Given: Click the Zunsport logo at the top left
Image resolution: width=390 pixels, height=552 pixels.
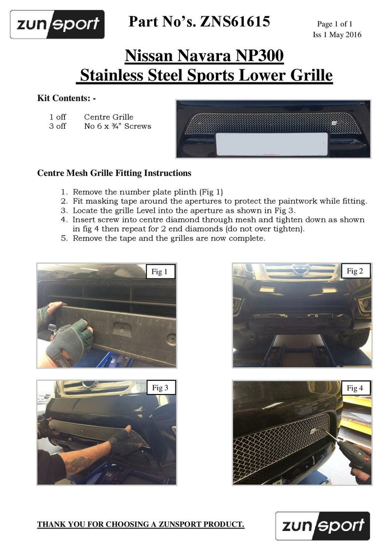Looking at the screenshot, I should coord(58,24).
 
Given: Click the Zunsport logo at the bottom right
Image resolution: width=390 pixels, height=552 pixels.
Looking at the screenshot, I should coord(322,525).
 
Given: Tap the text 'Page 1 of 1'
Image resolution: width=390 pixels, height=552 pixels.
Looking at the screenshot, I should coord(334,24).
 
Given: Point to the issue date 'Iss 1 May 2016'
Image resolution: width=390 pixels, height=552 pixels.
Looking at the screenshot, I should coord(337,35).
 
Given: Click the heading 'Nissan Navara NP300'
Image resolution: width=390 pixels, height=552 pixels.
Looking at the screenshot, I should coord(204,56).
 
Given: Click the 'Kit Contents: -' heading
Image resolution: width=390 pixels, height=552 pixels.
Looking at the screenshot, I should coord(67,98).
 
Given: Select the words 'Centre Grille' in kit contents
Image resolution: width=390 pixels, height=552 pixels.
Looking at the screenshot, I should coord(108,117).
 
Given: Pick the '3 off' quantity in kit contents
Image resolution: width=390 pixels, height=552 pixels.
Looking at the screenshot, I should coord(58,126).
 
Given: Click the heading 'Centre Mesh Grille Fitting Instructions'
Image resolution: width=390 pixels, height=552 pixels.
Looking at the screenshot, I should coord(114,173).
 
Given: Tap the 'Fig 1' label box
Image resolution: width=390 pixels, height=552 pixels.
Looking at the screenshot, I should coord(160,272).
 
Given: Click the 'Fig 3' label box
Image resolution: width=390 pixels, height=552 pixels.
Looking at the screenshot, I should coord(160,388).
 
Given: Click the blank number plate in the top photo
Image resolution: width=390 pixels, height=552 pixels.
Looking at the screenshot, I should coord(272,143).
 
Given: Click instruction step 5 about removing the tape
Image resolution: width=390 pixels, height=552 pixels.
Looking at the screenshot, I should coord(169,238).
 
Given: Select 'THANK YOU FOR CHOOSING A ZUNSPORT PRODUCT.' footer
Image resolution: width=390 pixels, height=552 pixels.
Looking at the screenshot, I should coord(141,525).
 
